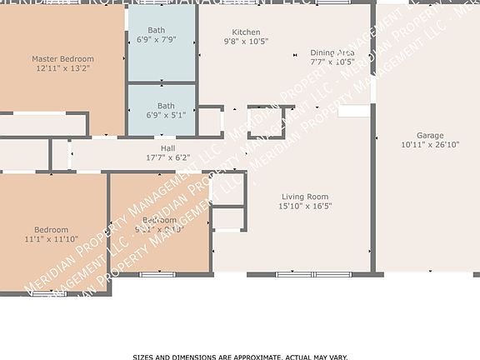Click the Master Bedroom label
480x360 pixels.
coord(62,59)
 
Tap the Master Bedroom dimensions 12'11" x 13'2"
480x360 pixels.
coord(62,69)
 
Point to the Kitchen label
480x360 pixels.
coord(246,32)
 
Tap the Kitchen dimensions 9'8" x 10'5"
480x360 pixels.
coord(246,42)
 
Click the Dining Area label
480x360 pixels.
coord(332,52)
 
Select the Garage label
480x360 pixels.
coord(430,135)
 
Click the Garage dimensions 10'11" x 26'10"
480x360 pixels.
coord(430,144)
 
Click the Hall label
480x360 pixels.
coord(167,147)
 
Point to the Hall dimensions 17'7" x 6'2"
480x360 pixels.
coord(167,157)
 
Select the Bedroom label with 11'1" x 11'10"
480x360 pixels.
coord(51,229)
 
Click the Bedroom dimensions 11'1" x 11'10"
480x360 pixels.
coord(51,239)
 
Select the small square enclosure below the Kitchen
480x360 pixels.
coord(266,122)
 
